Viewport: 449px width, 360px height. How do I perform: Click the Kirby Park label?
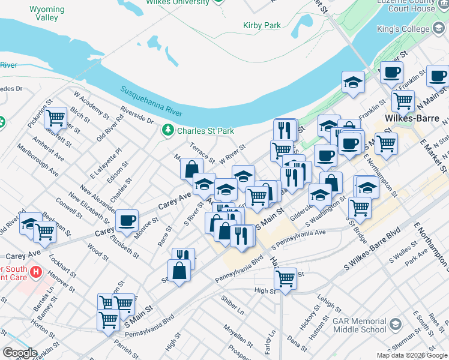pyautogui.click(x=262, y=25)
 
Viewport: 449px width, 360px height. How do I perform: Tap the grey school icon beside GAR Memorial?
pyautogui.click(x=396, y=325)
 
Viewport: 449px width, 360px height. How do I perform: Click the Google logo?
pyautogui.click(x=19, y=353)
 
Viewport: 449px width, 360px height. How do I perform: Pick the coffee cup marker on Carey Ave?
pyautogui.click(x=127, y=221)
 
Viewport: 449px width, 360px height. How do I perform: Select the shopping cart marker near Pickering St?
pyautogui.click(x=55, y=117)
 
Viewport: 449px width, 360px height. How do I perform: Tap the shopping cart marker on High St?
pyautogui.click(x=285, y=278)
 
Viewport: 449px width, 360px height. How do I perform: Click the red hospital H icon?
pyautogui.click(x=36, y=272)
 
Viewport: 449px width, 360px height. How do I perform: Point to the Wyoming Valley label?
pyautogui.click(x=43, y=14)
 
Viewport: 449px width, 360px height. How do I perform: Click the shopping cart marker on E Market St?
pyautogui.click(x=387, y=143)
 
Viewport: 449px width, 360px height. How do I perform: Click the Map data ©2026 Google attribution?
pyautogui.click(x=411, y=355)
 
